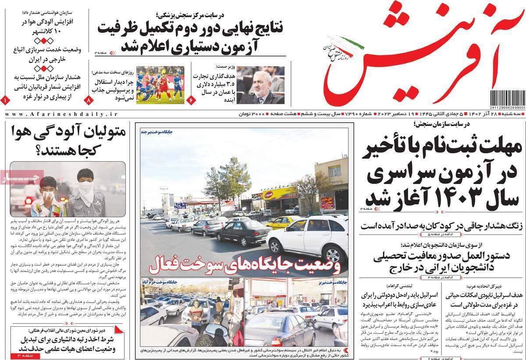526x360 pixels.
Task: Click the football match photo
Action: (x=160, y=85)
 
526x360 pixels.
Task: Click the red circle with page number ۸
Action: (x=91, y=100)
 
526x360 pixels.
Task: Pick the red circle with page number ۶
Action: (x=191, y=100)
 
